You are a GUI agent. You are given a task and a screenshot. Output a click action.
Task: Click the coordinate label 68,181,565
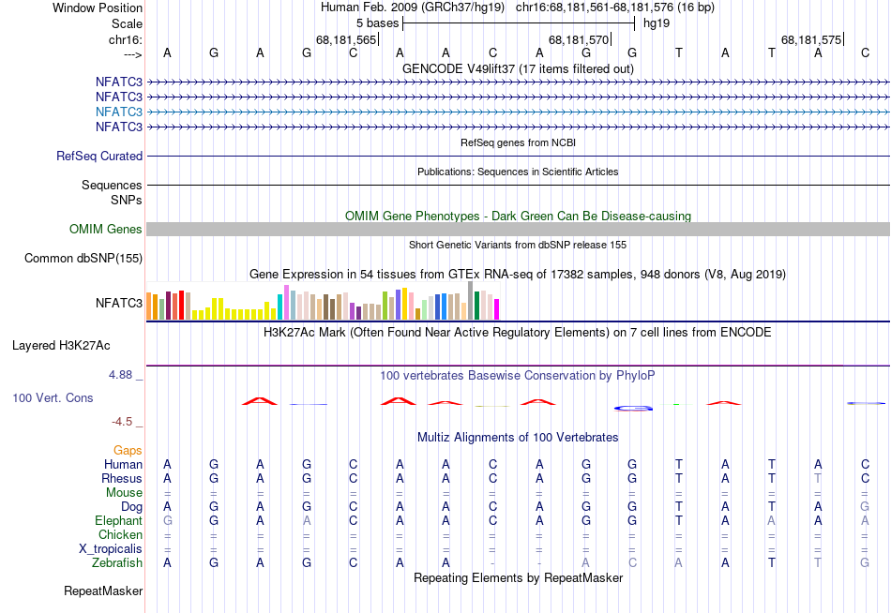[x=346, y=39]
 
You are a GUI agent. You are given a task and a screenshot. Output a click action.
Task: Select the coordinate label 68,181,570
[x=579, y=39]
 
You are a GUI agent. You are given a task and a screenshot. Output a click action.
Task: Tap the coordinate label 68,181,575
[x=811, y=39]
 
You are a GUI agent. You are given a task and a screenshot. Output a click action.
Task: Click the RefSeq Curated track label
[x=99, y=157]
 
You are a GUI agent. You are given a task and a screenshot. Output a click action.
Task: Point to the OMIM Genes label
[x=106, y=230]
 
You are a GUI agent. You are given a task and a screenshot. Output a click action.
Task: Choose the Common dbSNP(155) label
[x=83, y=259]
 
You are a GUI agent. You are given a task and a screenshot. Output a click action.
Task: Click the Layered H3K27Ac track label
[x=61, y=346]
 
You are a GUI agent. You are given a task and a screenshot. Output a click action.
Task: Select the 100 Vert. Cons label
[x=53, y=398]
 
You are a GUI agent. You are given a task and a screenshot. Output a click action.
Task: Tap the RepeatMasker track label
[x=103, y=591]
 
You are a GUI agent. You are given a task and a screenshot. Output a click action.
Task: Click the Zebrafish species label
[x=117, y=563]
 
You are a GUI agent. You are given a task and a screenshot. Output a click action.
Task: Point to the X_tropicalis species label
[x=111, y=549]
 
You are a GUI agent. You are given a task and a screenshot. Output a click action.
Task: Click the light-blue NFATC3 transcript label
[x=118, y=112]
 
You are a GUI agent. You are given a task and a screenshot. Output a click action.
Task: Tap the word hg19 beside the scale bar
[x=657, y=22]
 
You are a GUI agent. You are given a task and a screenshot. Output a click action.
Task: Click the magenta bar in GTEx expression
[x=497, y=308]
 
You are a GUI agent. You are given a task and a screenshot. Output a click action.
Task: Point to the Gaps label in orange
[x=128, y=451]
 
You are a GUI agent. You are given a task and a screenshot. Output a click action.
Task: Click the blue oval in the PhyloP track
[x=632, y=408]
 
